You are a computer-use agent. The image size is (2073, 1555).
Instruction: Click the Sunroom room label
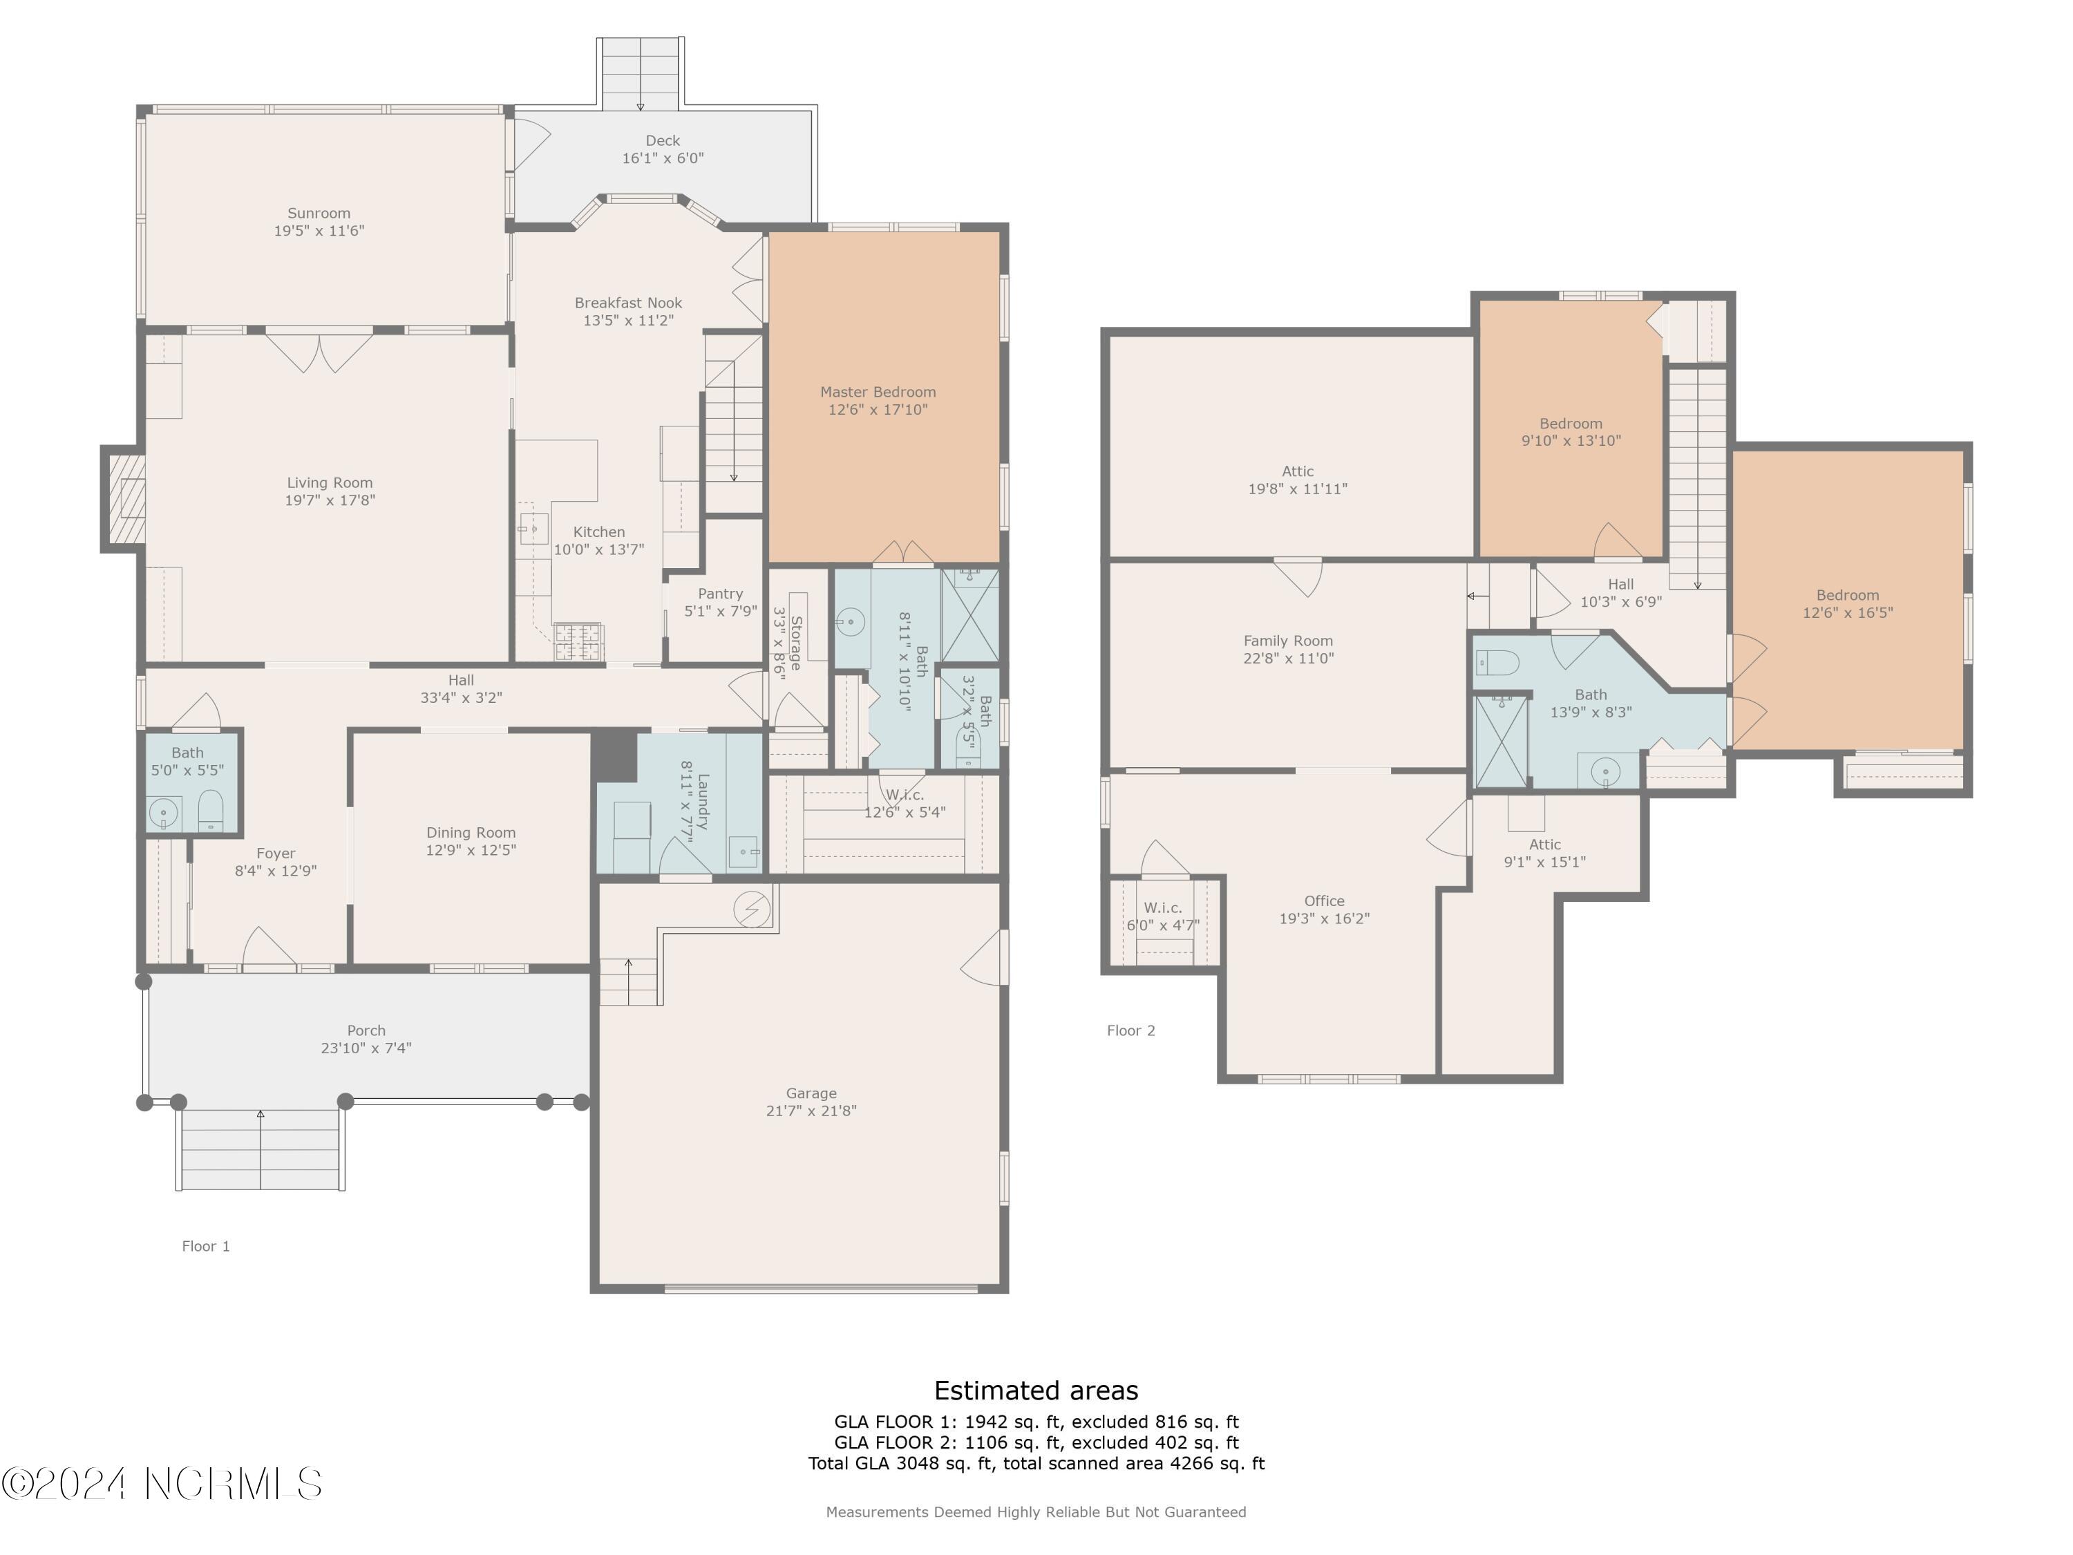point(319,214)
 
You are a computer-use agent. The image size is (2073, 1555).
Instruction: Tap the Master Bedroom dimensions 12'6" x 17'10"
point(878,410)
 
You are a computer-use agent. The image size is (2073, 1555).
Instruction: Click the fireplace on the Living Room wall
point(124,499)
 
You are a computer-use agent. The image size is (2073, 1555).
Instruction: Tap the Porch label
point(366,1031)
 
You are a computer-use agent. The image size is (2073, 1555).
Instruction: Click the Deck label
point(663,140)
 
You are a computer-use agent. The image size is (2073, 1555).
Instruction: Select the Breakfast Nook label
point(628,303)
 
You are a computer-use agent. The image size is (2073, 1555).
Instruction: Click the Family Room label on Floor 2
point(1287,641)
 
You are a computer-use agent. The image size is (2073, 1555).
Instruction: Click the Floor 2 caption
point(1131,1031)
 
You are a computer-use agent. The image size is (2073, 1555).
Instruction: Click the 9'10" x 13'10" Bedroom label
point(1571,424)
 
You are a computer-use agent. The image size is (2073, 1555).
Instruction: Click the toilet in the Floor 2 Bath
point(1497,663)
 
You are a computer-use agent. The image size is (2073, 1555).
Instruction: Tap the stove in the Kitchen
point(579,642)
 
